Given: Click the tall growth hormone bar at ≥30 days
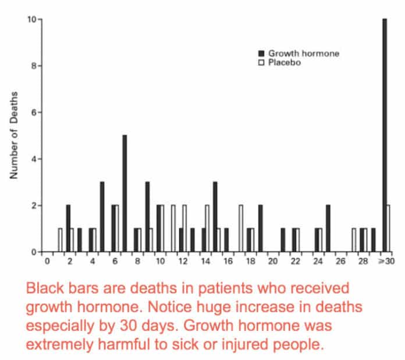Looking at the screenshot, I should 384,135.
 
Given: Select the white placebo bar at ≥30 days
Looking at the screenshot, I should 389,228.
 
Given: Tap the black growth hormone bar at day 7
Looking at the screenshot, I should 125,193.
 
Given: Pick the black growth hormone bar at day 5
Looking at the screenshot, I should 102,217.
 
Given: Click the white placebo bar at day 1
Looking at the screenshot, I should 60,240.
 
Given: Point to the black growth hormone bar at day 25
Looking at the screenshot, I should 328,228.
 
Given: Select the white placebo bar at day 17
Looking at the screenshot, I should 240,228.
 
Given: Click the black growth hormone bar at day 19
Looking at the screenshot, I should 260,228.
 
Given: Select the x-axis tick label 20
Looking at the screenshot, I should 272,262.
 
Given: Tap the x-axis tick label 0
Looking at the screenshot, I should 48,262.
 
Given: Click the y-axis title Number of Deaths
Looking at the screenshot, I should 14,135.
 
